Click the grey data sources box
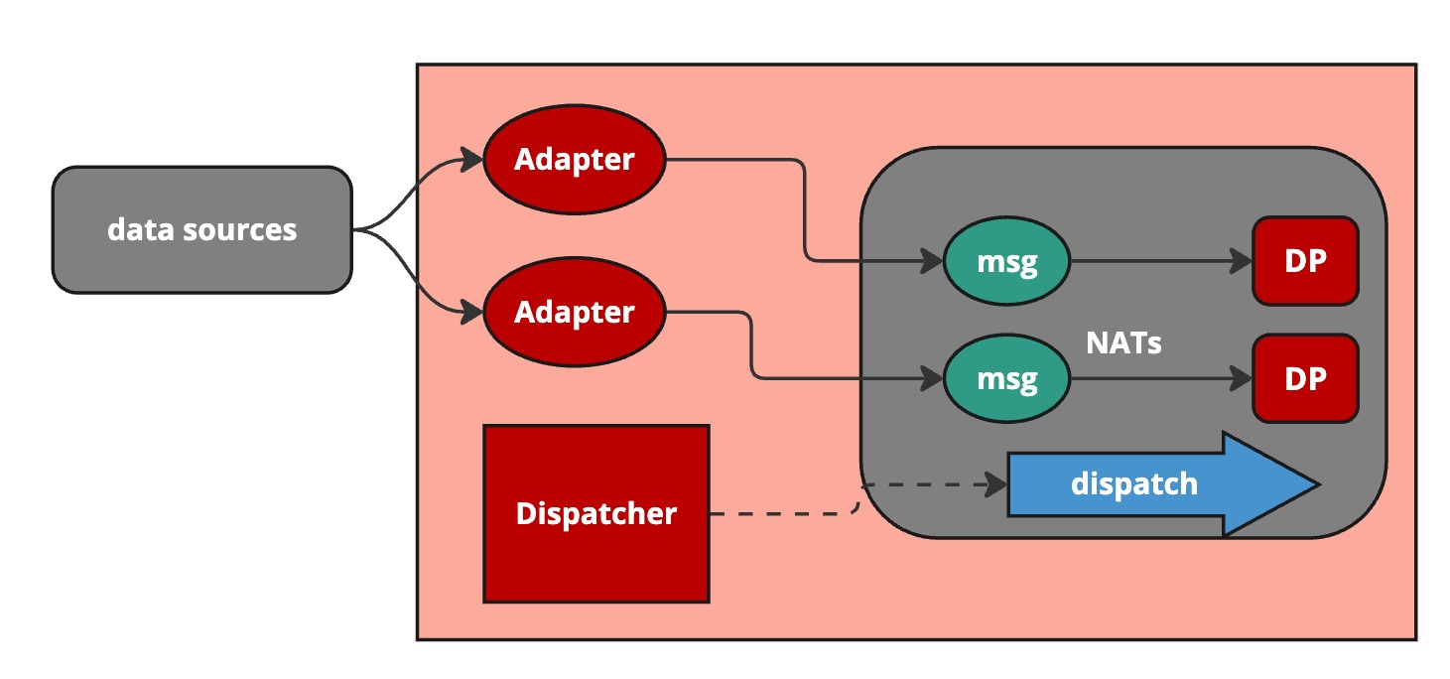click(201, 229)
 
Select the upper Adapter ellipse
click(574, 159)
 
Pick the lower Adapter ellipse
click(574, 312)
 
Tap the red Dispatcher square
click(595, 513)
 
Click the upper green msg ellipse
click(1006, 262)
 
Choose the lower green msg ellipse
click(1006, 378)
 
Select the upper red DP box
click(1304, 260)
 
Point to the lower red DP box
click(1304, 378)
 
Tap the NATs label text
click(1123, 343)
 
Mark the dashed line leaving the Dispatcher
click(784, 514)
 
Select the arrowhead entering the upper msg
click(932, 262)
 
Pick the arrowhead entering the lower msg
click(932, 378)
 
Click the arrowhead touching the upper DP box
click(1242, 262)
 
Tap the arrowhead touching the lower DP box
click(1242, 378)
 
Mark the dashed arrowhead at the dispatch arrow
click(996, 485)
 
